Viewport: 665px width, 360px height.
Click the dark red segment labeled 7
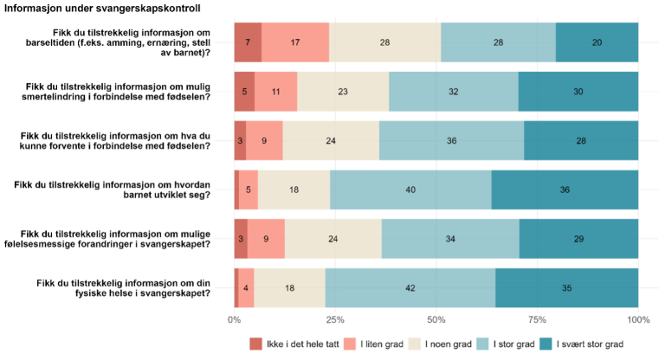coord(248,42)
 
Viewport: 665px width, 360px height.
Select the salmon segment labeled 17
coord(295,42)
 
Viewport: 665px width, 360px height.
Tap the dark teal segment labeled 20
coord(597,42)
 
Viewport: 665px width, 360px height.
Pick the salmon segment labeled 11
coord(275,92)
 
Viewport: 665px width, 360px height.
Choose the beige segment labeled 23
coord(343,92)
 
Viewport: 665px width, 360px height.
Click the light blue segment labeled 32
coord(454,92)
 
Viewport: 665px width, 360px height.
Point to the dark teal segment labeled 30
coord(578,92)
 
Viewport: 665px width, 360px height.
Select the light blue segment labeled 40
coord(410,190)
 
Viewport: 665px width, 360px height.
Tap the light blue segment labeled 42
coord(410,288)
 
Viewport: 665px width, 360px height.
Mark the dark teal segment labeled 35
coord(567,288)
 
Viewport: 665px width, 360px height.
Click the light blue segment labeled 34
coord(450,239)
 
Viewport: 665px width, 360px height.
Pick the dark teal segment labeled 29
coord(579,239)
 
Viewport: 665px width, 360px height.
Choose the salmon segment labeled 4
coord(246,288)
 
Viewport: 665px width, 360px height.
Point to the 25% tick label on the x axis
coord(335,320)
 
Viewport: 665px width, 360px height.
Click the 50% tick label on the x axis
coord(436,320)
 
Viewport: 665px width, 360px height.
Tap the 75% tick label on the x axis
coord(537,320)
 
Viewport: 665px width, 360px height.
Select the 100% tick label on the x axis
coord(638,320)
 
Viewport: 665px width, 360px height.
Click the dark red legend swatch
coord(256,344)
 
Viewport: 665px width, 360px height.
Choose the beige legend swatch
coord(415,344)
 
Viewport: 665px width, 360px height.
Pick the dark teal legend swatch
coord(546,344)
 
